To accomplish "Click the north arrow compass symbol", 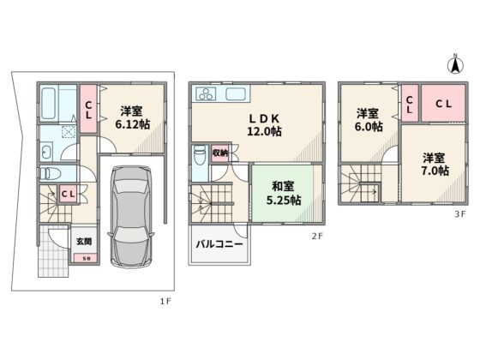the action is (455, 64).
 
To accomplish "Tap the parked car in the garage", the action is (131, 216).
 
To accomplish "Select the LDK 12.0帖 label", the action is (264, 124).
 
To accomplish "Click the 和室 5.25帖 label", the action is (284, 194).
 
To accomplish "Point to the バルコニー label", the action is (219, 244).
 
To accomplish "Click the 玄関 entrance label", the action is (84, 242).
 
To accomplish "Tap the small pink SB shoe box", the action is (86, 259).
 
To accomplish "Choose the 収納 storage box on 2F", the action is (220, 153).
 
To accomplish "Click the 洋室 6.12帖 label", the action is (132, 117).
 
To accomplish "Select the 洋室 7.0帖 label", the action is (435, 165).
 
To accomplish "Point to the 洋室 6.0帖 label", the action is (369, 120).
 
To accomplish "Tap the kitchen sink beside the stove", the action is (236, 93).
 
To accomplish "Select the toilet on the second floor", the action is (200, 155).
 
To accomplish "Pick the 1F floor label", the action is (165, 302).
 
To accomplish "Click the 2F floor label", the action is (317, 236).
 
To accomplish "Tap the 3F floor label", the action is (459, 214).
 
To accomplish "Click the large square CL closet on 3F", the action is (443, 103).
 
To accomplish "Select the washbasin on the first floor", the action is (47, 152).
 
